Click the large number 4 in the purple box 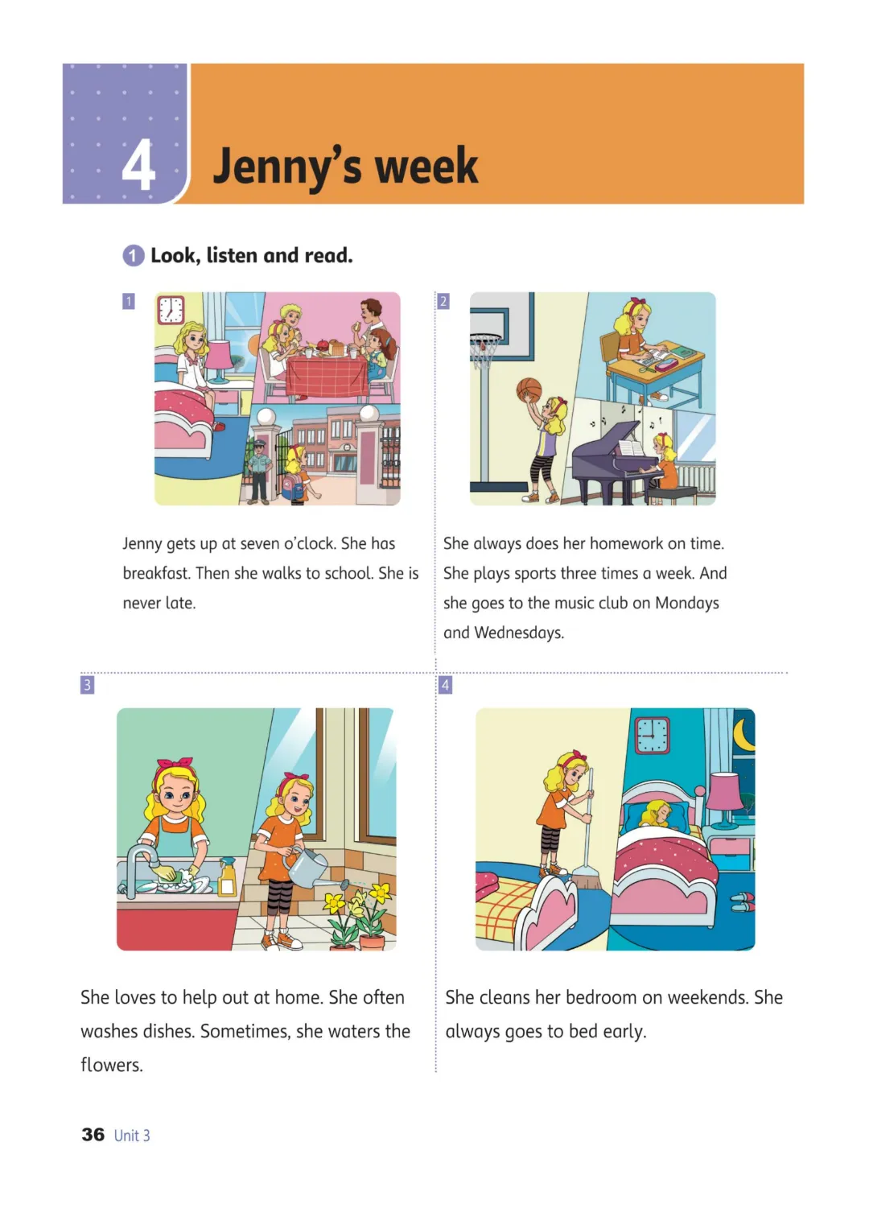coord(138,165)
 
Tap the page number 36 coord(93,1134)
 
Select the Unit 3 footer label coord(132,1135)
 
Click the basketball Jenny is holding coord(529,390)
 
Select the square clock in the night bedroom coord(653,735)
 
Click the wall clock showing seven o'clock coord(171,311)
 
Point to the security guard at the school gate coord(258,472)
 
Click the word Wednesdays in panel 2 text coord(518,633)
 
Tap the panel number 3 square coord(87,685)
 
